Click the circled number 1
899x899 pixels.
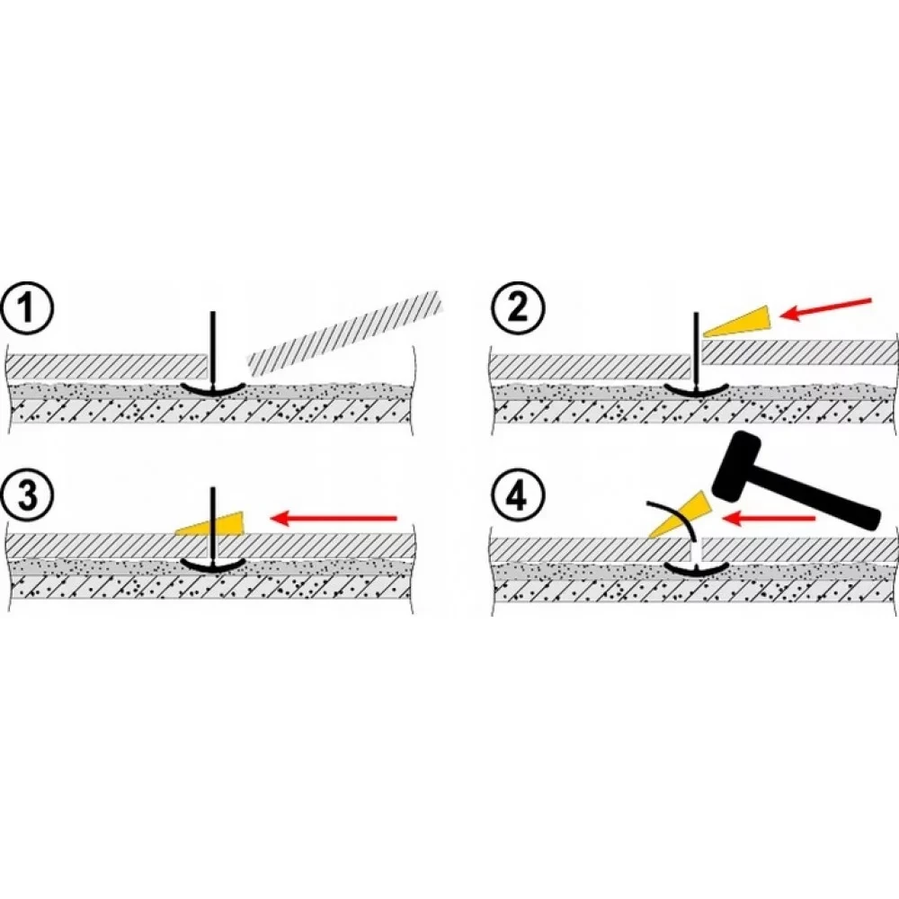[29, 309]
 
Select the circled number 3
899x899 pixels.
[29, 497]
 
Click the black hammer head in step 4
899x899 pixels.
[742, 465]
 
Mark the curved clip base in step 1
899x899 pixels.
[211, 388]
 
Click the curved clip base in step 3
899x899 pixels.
[211, 565]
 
